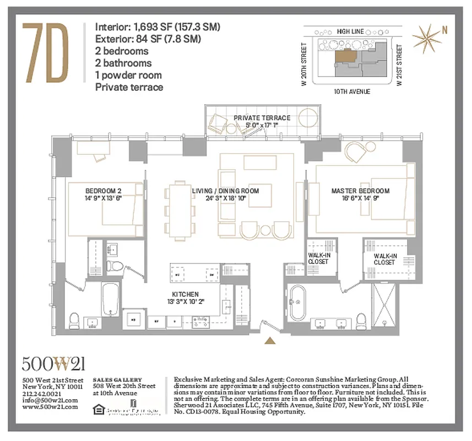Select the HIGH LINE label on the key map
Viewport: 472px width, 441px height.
tap(351, 32)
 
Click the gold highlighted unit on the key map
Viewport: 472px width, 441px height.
tap(346, 54)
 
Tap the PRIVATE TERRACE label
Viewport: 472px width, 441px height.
tap(262, 118)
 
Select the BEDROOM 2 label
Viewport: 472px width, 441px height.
tap(103, 191)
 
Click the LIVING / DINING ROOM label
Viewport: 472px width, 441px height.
tap(225, 191)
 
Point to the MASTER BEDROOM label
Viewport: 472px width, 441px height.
tap(360, 191)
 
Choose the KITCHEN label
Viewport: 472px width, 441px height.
tap(185, 294)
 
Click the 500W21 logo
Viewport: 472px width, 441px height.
tap(53, 364)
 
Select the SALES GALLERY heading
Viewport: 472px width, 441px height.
tap(117, 380)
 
